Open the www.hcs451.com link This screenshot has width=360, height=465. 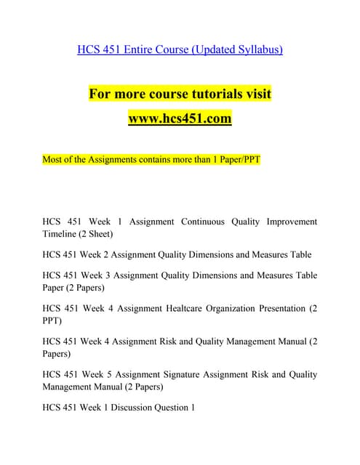180,118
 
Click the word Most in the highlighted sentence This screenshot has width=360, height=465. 53,159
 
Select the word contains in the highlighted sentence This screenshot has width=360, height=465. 145,159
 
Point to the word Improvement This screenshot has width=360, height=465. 290,221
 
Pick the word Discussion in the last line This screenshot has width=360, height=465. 124,408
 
